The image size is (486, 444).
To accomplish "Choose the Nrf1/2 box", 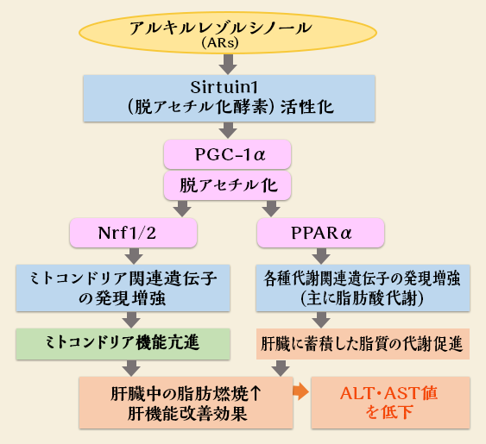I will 134,232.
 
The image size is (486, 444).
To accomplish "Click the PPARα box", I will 319,232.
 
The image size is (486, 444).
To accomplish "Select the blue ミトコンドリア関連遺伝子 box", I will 123,287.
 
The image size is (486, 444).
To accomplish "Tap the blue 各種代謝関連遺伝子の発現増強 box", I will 363,287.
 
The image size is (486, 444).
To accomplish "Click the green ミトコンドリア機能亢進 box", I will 123,343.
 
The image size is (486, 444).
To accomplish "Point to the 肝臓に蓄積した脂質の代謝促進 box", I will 363,343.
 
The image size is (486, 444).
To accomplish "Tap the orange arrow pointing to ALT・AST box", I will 300,392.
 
